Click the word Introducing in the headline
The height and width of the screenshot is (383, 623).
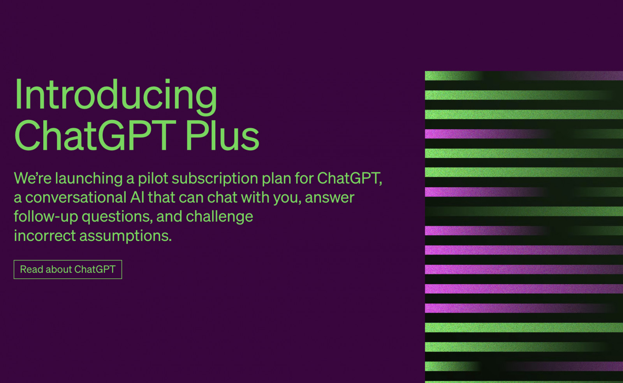point(116,96)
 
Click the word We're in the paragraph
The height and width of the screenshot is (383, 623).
point(33,178)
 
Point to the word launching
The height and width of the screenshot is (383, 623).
point(89,179)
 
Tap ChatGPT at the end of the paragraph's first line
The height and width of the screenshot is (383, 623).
point(349,178)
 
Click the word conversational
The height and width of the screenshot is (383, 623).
point(76,198)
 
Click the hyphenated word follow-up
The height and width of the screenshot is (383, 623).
point(46,217)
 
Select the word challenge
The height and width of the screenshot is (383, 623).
point(220,217)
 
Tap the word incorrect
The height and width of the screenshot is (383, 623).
point(45,236)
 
